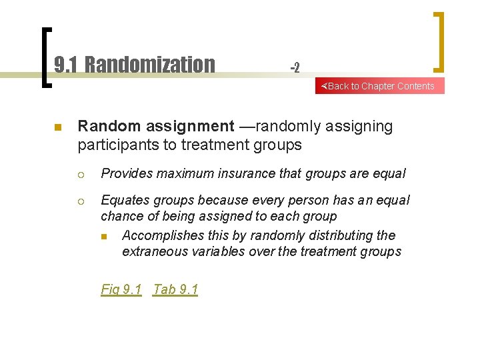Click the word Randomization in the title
pyautogui.click(x=150, y=65)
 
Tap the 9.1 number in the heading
pyautogui.click(x=65, y=65)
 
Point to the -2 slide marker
pyautogui.click(x=295, y=67)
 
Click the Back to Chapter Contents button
pyautogui.click(x=379, y=86)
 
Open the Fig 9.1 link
pyautogui.click(x=121, y=289)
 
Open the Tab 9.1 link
pyautogui.click(x=175, y=289)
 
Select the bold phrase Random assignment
pyautogui.click(x=156, y=127)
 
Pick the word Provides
pyautogui.click(x=125, y=174)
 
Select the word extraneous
pyautogui.click(x=153, y=251)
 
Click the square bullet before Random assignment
pyautogui.click(x=57, y=127)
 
